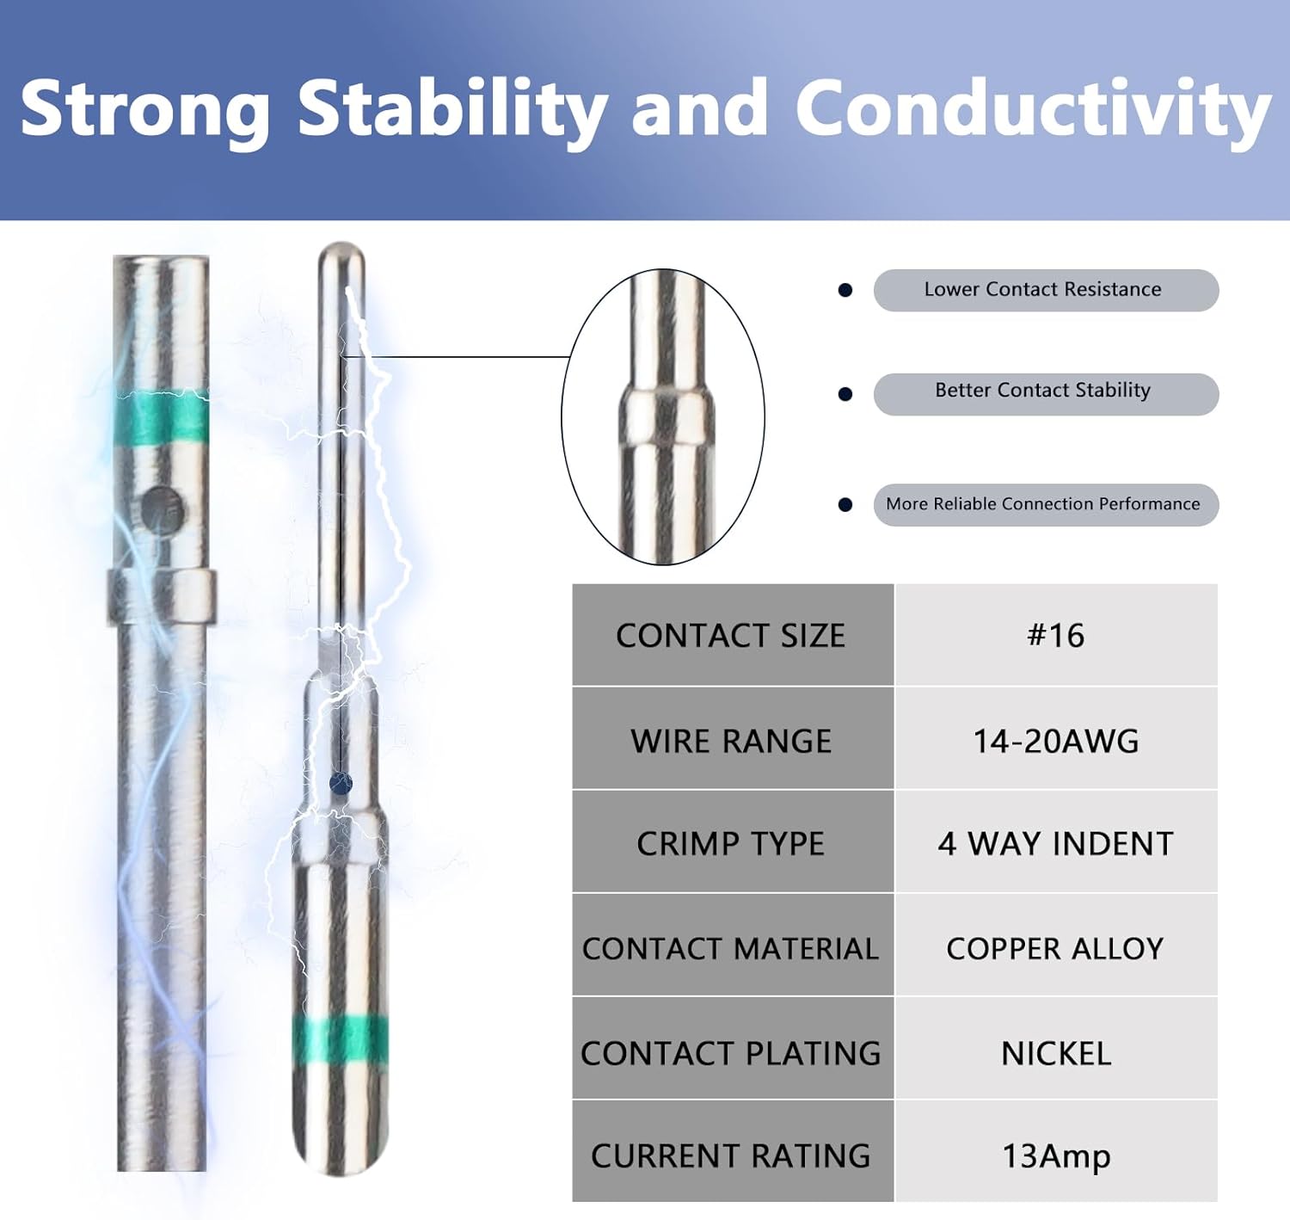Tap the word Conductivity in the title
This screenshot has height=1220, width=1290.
[1034, 109]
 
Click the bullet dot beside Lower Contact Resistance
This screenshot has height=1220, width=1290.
[845, 290]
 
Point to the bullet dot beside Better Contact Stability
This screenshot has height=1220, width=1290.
[845, 394]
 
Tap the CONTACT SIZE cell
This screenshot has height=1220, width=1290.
[732, 635]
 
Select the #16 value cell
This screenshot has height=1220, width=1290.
[1056, 635]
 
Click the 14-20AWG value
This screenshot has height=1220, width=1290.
[1056, 741]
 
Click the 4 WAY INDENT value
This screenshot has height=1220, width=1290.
[1056, 843]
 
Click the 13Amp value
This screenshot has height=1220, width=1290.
[1056, 1156]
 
